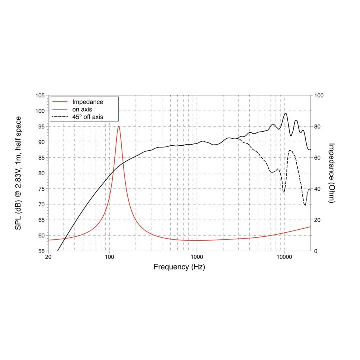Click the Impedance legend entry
pos(88,102)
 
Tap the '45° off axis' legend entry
pos(88,117)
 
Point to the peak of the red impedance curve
pos(118,126)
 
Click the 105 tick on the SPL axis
pos(39,95)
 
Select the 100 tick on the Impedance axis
pos(319,95)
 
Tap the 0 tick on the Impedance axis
pos(315,251)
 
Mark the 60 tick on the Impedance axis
pos(317,158)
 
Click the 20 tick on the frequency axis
pos(48,257)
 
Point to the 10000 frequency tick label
pos(284,257)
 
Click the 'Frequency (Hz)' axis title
pos(179,267)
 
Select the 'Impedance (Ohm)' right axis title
pos(331,173)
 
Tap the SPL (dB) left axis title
pos(20,173)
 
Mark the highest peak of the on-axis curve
pos(286,113)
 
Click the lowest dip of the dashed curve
pos(305,205)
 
